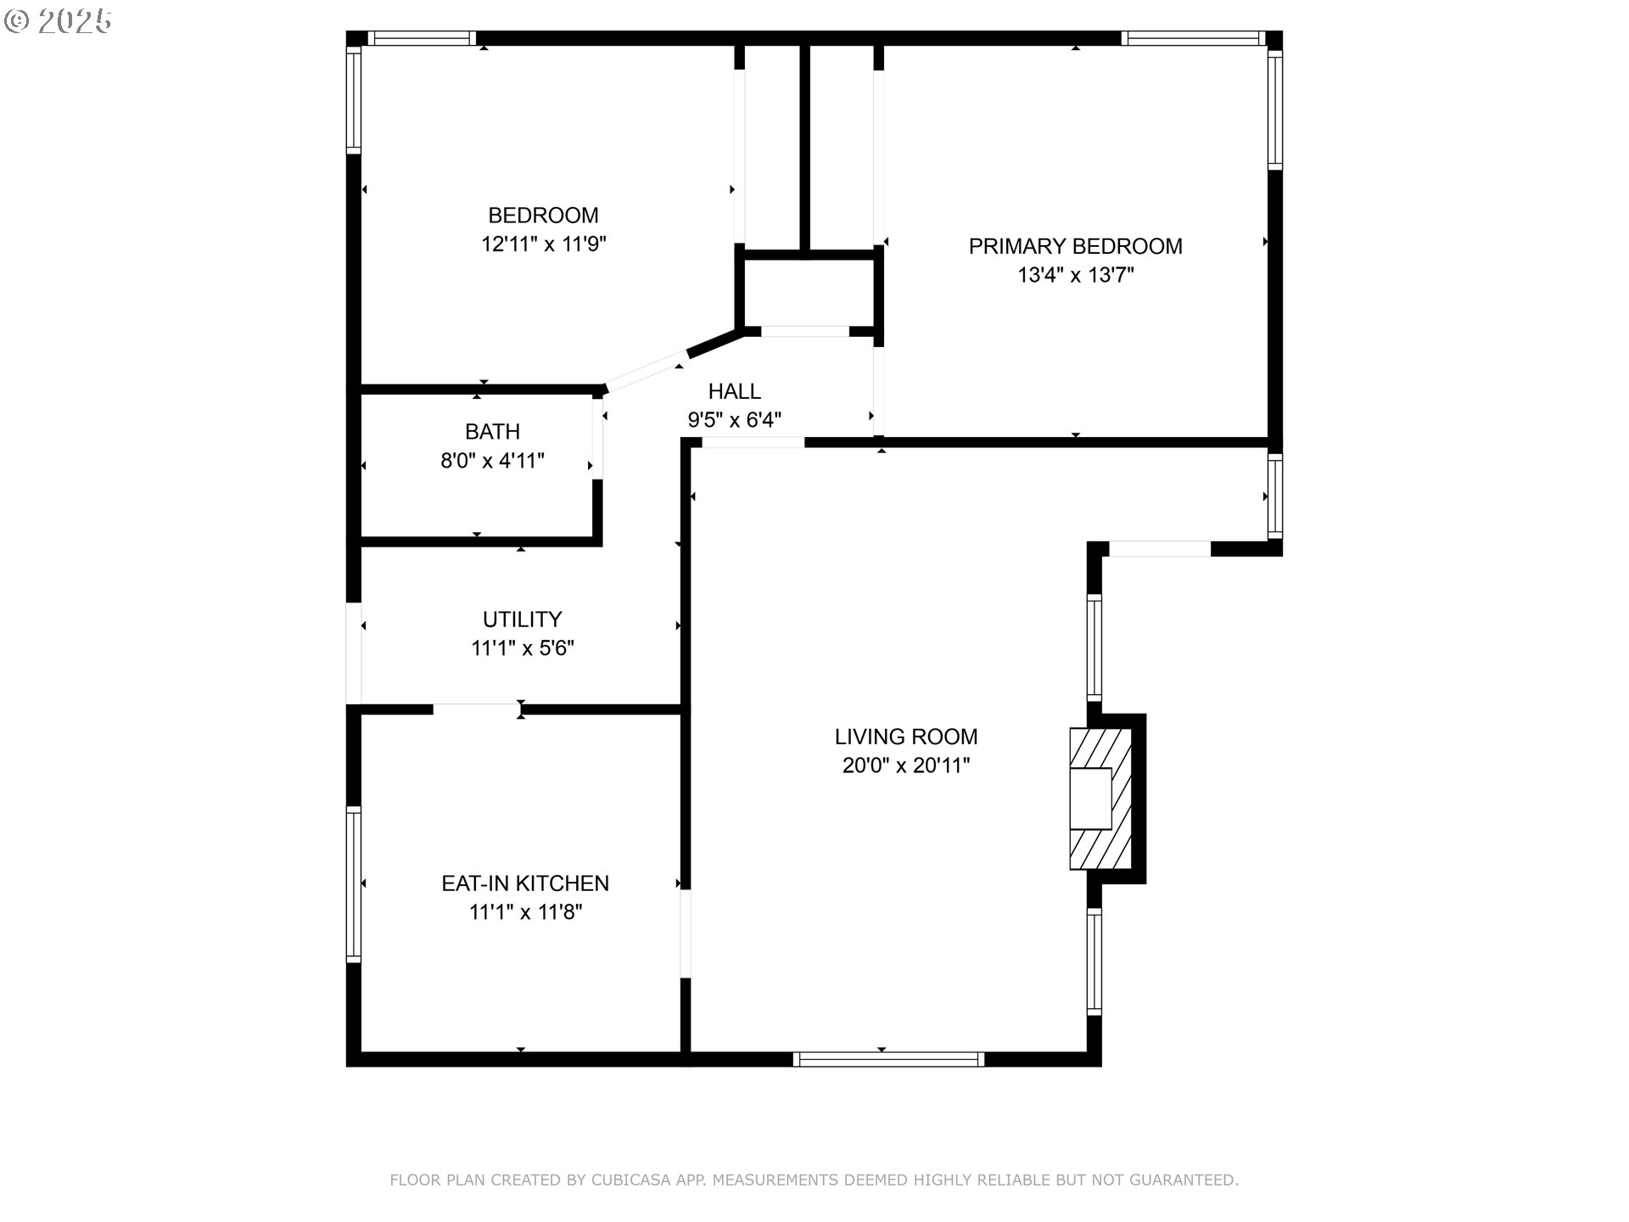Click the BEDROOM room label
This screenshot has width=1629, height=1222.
pos(543,216)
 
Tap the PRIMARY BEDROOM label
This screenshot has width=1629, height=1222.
pos(1075,246)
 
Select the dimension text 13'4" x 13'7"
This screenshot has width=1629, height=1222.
pos(1075,275)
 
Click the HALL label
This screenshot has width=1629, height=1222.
pos(735,391)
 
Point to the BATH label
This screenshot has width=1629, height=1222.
pos(492,432)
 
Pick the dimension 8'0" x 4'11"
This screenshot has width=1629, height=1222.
pos(492,461)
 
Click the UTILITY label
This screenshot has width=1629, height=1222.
pos(523,619)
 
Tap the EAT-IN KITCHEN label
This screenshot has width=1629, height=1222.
pos(525,883)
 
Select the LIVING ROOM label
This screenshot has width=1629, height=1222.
pos(906,737)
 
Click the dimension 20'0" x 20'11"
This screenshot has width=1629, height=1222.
pos(906,765)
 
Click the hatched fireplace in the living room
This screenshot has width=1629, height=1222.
pos(1100,799)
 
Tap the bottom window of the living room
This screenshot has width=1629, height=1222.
pos(888,1059)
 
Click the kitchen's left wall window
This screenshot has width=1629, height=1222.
pos(354,884)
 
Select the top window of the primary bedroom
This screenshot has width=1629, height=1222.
pos(1193,38)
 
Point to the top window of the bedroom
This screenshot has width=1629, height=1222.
pos(422,38)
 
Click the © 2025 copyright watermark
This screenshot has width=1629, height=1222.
pos(58,21)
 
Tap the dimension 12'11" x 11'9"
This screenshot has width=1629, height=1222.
pos(543,244)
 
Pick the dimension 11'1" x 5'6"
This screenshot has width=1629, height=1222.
pos(523,648)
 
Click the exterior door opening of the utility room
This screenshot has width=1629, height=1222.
pos(354,653)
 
